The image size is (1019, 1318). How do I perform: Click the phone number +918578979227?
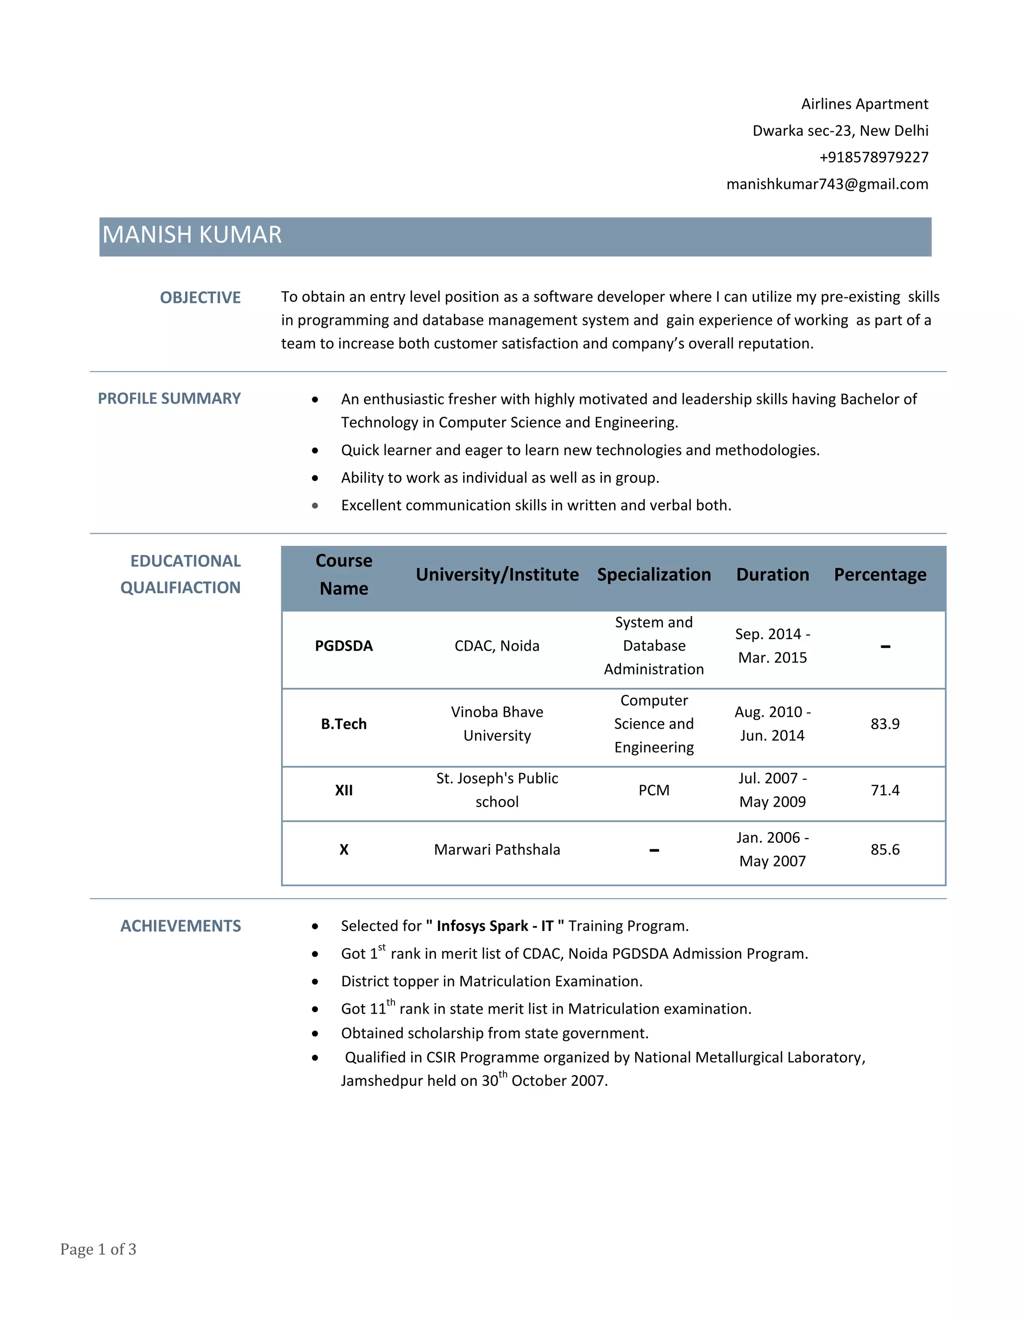[874, 158]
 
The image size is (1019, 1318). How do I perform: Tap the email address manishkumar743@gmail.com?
[827, 184]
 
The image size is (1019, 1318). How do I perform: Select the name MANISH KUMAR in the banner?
[192, 235]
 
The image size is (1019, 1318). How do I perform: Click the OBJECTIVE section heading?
[200, 297]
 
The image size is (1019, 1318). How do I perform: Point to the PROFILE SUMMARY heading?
[169, 398]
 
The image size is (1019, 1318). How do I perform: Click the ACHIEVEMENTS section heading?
[181, 926]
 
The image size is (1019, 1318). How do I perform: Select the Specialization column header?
[654, 574]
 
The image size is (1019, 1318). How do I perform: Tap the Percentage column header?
[880, 574]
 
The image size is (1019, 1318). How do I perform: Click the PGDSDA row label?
[343, 646]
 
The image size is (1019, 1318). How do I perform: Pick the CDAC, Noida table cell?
[497, 646]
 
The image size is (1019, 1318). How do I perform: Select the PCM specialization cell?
[654, 790]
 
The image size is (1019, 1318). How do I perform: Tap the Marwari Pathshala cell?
[497, 849]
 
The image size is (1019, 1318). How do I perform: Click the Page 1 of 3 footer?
[99, 1249]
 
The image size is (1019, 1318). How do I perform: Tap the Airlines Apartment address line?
[864, 104]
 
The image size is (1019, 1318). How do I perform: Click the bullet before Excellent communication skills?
[315, 506]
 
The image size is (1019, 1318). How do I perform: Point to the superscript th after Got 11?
[391, 1002]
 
